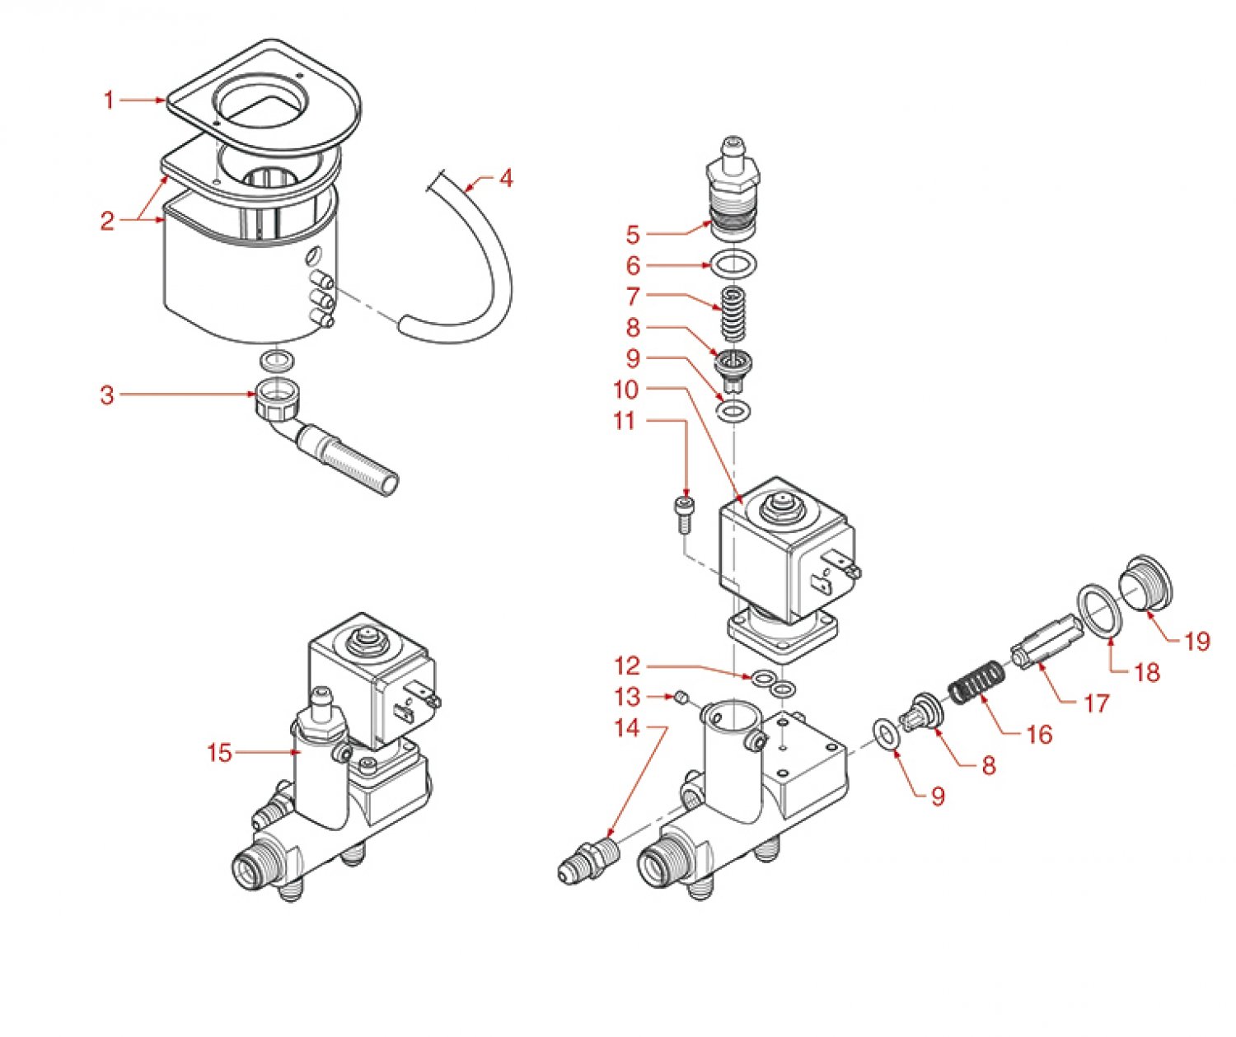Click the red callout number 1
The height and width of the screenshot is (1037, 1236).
[109, 100]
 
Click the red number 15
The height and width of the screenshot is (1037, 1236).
[220, 753]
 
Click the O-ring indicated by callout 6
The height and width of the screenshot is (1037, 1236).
[733, 266]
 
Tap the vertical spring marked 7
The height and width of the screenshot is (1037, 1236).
[733, 313]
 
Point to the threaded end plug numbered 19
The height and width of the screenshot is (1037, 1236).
[1146, 583]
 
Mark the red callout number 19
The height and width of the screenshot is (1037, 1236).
[1196, 641]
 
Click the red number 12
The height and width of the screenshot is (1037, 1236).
[627, 666]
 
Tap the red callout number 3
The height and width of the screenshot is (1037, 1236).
[107, 395]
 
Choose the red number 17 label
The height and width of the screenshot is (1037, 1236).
[1096, 703]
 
